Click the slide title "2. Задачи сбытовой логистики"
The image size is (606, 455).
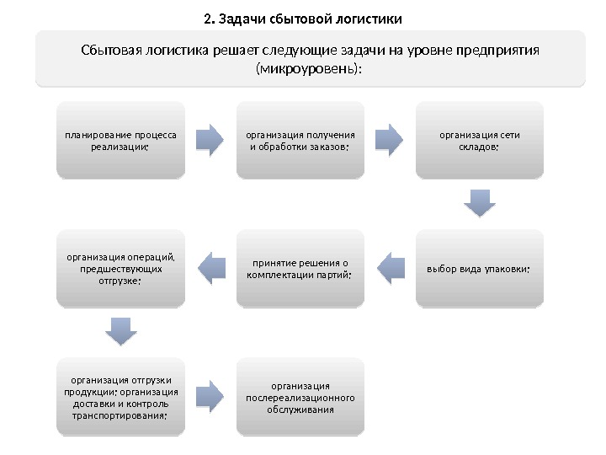[303, 18]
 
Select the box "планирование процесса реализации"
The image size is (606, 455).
[120, 140]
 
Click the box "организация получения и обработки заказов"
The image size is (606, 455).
[300, 140]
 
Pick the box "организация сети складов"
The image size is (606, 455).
[480, 140]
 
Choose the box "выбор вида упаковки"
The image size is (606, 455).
[480, 269]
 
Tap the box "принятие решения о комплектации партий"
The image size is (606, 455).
[300, 269]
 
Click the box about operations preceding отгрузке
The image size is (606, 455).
[120, 269]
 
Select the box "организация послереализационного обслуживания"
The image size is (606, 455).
[300, 397]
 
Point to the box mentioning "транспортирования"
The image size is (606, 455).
[120, 397]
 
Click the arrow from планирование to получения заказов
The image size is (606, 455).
[210, 139]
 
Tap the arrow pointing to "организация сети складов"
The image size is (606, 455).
[390, 139]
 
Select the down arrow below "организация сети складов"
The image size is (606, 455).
[480, 203]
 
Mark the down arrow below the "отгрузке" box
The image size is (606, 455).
[121, 331]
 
